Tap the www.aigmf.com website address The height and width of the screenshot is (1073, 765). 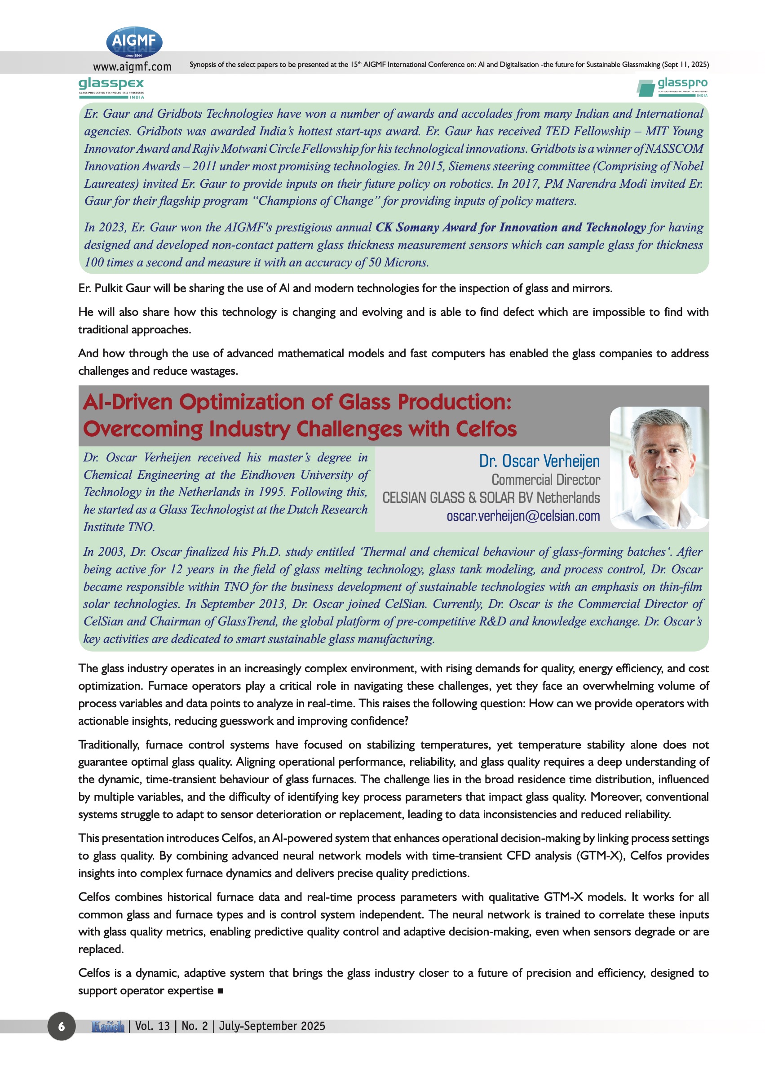[x=132, y=67]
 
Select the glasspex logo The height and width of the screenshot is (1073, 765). [x=111, y=88]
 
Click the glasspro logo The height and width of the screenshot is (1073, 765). [x=672, y=87]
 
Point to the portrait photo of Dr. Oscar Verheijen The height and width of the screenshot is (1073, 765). [x=659, y=467]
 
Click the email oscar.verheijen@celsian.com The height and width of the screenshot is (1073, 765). [x=523, y=516]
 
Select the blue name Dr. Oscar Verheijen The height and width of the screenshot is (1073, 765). [x=539, y=461]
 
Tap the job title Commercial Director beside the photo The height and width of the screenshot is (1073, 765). [x=545, y=480]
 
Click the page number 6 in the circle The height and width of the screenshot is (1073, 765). [x=61, y=1026]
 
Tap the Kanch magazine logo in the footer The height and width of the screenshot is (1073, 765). [x=108, y=1026]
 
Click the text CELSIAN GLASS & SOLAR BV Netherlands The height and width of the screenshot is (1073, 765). [x=491, y=497]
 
